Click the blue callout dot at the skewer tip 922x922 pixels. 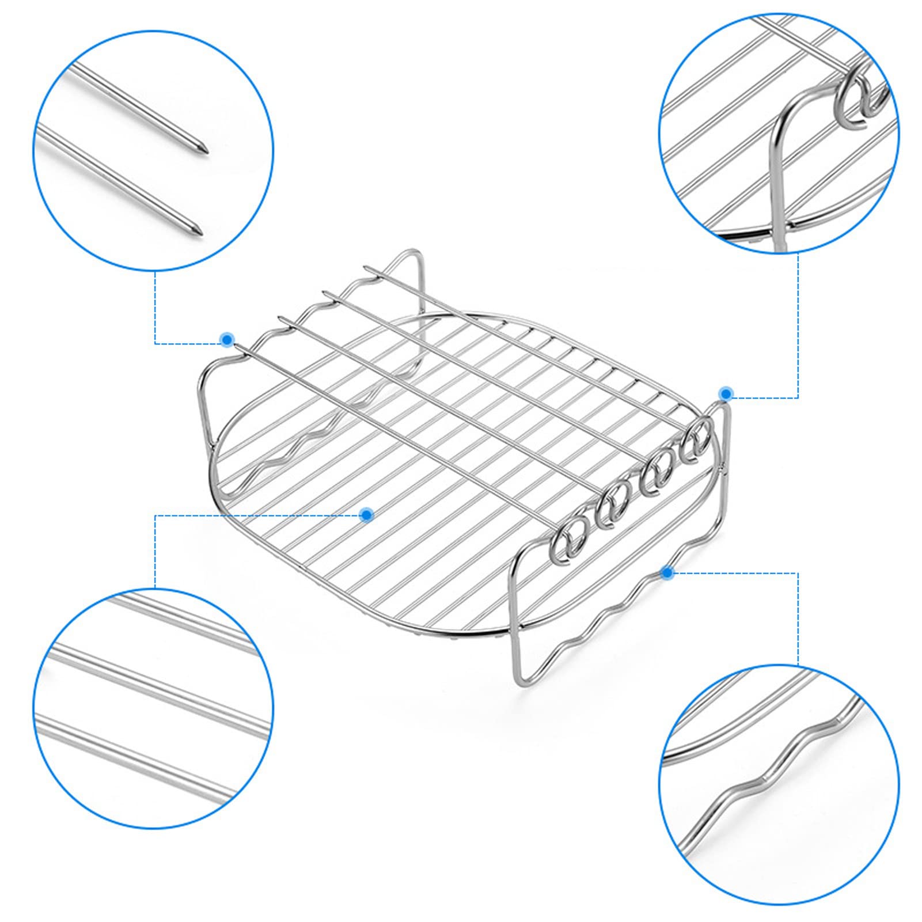(x=227, y=339)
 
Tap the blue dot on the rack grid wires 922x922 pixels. (x=366, y=514)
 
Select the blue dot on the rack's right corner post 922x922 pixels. (x=726, y=394)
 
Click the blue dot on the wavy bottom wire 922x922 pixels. (x=667, y=572)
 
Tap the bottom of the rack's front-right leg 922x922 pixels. (x=514, y=680)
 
